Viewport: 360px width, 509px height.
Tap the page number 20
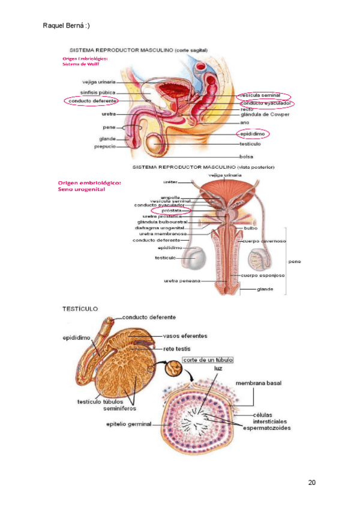tap(311, 483)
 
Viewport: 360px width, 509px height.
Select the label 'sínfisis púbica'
tap(98, 92)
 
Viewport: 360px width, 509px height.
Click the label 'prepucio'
tap(104, 146)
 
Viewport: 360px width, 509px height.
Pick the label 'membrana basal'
tap(259, 382)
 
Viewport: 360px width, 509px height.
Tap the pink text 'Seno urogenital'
tap(82, 189)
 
